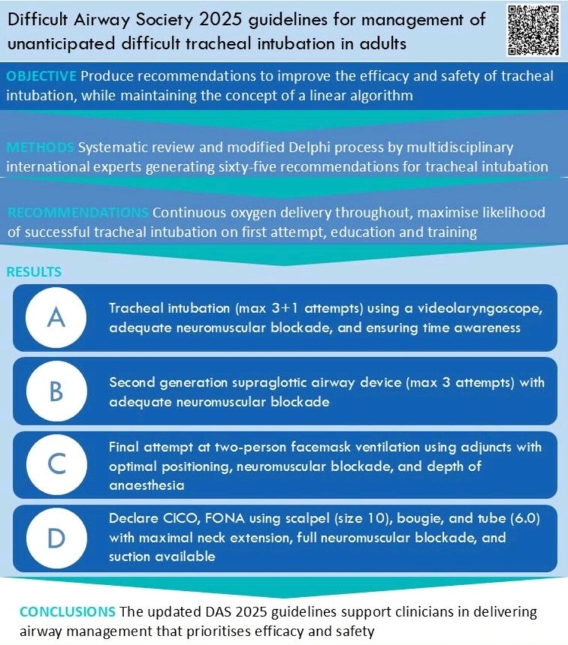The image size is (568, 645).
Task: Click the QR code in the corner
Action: pos(533,30)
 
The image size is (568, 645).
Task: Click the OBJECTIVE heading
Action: pos(41,76)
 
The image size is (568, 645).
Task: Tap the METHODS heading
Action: pos(39,148)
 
